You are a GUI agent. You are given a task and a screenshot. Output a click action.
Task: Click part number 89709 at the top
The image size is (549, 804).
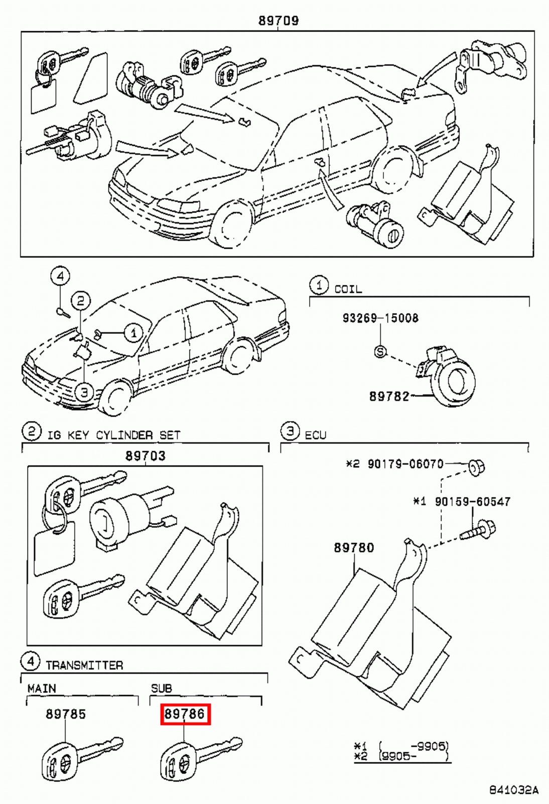(279, 21)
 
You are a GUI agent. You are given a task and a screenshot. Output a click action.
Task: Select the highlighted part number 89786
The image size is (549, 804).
(185, 714)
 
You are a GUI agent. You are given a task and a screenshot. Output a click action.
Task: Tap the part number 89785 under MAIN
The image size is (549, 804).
(66, 714)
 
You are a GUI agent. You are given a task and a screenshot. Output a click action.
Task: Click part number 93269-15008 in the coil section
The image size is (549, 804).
(380, 318)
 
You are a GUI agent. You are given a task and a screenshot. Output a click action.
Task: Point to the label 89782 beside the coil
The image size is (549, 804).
(389, 396)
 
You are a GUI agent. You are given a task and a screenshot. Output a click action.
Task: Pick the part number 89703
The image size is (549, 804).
(145, 456)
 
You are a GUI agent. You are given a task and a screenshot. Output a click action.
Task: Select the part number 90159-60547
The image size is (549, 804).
(472, 501)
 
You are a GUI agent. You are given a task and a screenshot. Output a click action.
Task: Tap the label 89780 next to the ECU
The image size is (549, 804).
(354, 548)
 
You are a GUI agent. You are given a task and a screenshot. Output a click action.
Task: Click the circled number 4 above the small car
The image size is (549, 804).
(60, 276)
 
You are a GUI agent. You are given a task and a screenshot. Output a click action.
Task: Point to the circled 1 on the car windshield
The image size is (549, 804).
(133, 333)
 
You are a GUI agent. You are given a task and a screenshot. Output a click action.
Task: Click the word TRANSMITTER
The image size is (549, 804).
(84, 665)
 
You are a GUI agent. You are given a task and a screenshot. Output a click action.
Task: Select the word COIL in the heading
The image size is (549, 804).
(348, 289)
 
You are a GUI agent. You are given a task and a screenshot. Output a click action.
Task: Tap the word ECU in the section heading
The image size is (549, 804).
(315, 435)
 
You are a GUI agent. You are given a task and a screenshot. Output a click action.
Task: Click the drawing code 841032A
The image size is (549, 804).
(513, 790)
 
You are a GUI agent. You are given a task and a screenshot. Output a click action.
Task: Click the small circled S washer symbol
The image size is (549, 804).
(380, 352)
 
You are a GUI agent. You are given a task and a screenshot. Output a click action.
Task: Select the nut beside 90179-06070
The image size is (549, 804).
(476, 467)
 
